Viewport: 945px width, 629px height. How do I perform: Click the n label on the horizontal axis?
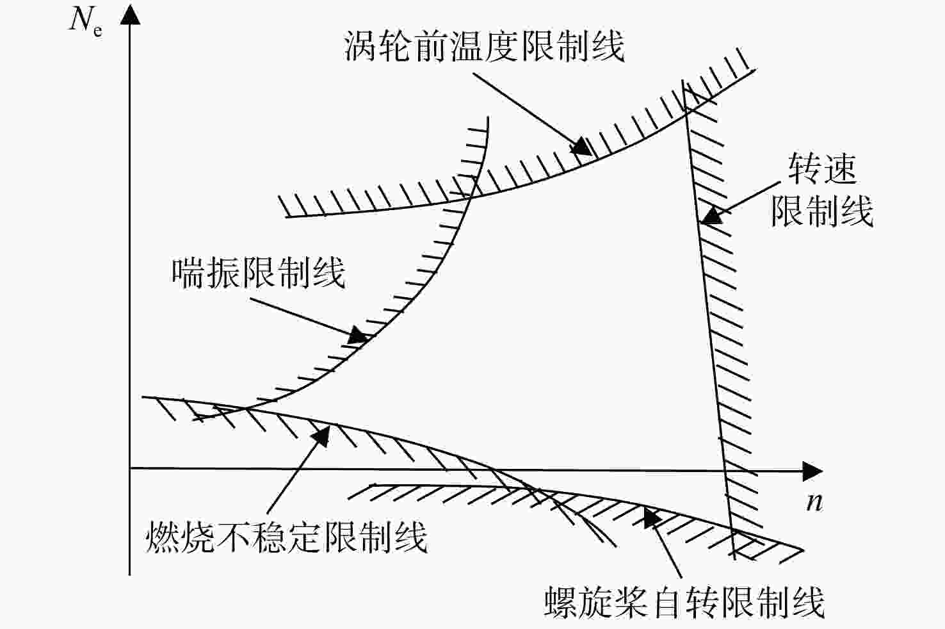coord(814,503)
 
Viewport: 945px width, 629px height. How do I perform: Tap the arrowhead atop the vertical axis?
coord(130,15)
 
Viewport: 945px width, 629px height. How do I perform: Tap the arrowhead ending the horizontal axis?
coord(812,471)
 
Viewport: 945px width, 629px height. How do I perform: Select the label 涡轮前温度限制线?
coord(484,45)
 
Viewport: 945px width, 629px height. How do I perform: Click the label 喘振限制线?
coord(258,273)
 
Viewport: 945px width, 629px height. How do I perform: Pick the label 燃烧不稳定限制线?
coord(286,537)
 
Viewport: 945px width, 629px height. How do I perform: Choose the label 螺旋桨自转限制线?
coord(684,601)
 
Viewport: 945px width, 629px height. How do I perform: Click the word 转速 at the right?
coord(822,168)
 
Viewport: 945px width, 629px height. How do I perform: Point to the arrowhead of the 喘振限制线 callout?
coord(360,336)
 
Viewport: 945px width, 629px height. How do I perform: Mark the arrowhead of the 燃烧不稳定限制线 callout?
coord(321,435)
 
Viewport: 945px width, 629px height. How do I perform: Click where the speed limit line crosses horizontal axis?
coord(725,470)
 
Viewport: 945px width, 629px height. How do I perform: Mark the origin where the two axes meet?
coord(130,468)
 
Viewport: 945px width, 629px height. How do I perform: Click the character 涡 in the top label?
coord(360,45)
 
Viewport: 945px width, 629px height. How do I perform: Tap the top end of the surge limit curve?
coord(488,117)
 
